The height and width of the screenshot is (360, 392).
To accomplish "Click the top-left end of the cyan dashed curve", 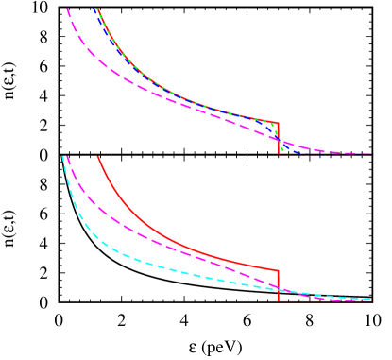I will point(62,156).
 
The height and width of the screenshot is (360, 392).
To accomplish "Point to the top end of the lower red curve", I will point(98,157).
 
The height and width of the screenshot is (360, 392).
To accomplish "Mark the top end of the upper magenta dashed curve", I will point(67,9).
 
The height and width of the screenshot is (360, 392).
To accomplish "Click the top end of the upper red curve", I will point(98,9).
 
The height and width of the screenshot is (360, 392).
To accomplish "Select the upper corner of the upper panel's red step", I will point(279,122).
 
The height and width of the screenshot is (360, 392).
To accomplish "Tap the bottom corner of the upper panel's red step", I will point(279,153).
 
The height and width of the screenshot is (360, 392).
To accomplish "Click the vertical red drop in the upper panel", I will point(279,138).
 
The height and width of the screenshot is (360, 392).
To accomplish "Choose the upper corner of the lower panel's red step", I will point(279,270).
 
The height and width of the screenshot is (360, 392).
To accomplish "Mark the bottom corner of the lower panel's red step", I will point(279,300).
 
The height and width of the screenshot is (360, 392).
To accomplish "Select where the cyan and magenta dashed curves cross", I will point(267,286).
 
